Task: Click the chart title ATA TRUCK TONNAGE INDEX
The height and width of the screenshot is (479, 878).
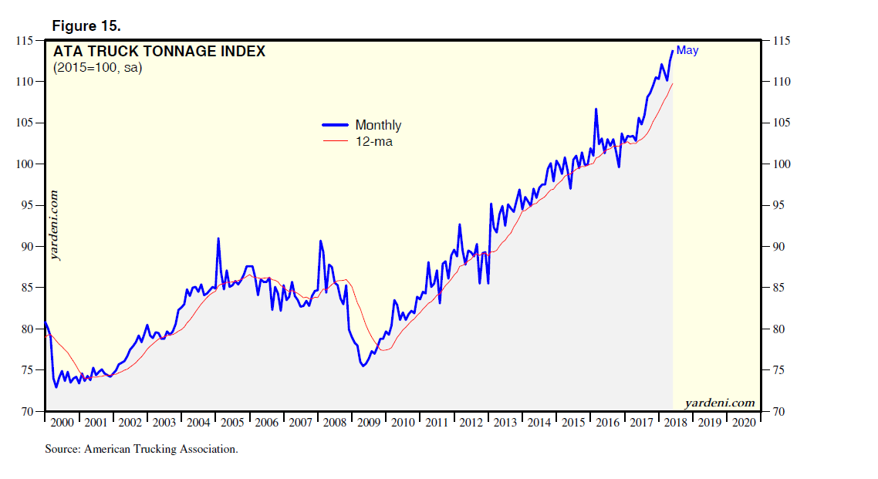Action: click(x=159, y=52)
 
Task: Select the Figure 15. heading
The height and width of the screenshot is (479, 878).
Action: click(x=86, y=25)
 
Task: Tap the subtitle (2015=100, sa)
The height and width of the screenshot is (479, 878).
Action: click(x=97, y=68)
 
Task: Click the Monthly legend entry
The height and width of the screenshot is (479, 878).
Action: click(x=378, y=125)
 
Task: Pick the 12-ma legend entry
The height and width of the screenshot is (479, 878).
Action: click(x=373, y=142)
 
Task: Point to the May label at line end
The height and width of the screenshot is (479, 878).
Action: click(x=687, y=51)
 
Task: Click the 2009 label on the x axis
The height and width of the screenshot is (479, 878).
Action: click(x=370, y=423)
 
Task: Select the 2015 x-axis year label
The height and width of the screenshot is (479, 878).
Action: click(x=573, y=423)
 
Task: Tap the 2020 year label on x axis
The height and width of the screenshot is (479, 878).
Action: click(x=743, y=423)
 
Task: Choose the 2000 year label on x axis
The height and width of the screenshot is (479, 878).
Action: click(x=62, y=423)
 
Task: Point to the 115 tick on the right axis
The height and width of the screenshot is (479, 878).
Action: click(x=775, y=41)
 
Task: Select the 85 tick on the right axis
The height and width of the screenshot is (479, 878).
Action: click(x=773, y=288)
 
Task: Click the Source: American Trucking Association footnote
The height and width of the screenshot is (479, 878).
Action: click(x=141, y=449)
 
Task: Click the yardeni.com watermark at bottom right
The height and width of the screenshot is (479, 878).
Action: click(x=719, y=403)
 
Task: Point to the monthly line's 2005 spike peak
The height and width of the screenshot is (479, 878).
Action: click(x=218, y=238)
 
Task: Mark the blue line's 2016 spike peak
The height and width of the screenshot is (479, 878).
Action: click(x=596, y=109)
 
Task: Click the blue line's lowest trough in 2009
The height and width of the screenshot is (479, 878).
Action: click(x=363, y=366)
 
